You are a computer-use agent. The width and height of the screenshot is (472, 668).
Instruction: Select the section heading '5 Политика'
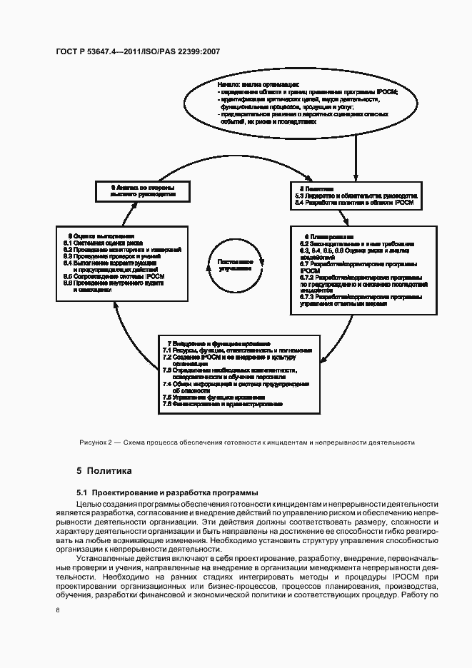click(x=104, y=472)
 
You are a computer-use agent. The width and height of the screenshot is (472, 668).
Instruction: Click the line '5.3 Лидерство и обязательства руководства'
click(x=357, y=196)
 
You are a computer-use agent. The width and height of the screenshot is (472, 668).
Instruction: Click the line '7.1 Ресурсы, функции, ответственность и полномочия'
click(x=236, y=350)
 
